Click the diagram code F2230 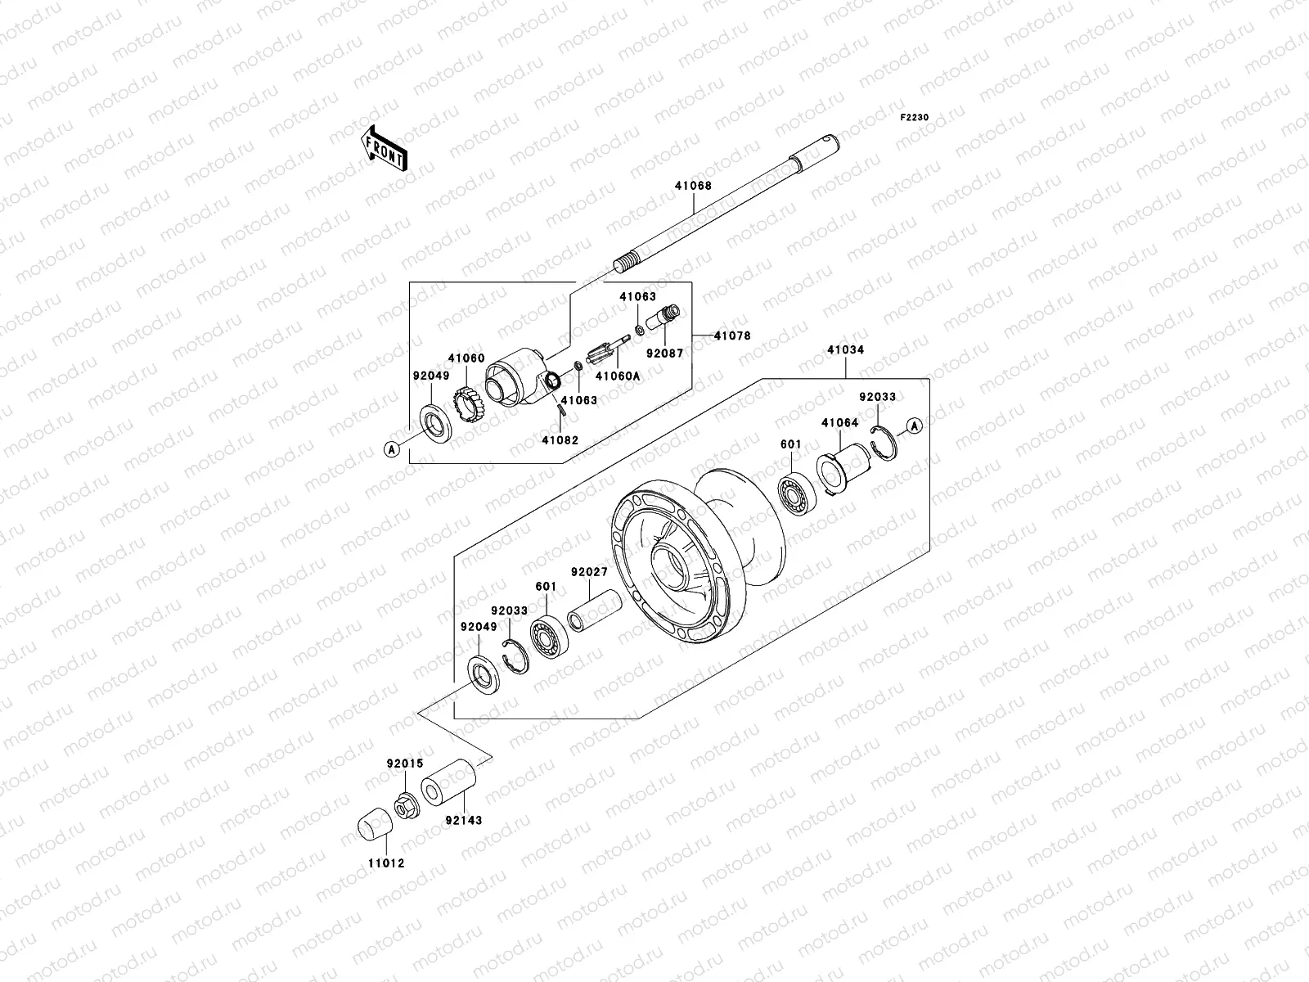pyautogui.click(x=915, y=118)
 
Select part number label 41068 pyautogui.click(x=693, y=186)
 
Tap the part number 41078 pyautogui.click(x=731, y=336)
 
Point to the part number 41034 pyautogui.click(x=845, y=349)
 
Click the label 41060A pyautogui.click(x=617, y=376)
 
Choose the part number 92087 pyautogui.click(x=664, y=354)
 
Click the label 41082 pyautogui.click(x=560, y=439)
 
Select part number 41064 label pyautogui.click(x=839, y=423)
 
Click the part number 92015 pyautogui.click(x=405, y=764)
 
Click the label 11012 pyautogui.click(x=385, y=863)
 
